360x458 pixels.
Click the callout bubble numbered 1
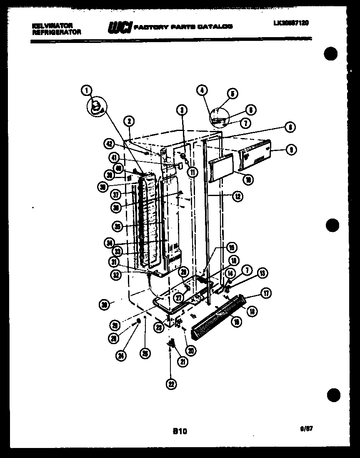pos(86,89)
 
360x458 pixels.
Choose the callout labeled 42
pos(110,143)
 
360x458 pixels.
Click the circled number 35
pos(118,226)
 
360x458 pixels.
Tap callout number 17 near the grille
pos(266,294)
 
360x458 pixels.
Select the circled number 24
pos(121,356)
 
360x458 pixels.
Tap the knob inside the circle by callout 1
pos(95,106)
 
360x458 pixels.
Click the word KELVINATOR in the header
pos(52,25)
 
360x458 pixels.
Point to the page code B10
pos(180,432)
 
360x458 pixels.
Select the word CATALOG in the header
pos(215,27)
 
